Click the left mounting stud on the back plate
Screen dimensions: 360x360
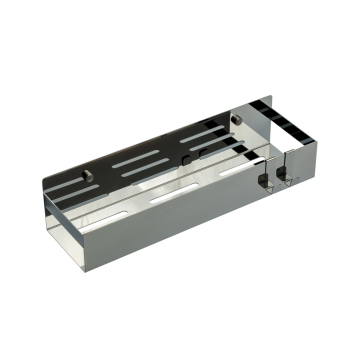click(x=88, y=175)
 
